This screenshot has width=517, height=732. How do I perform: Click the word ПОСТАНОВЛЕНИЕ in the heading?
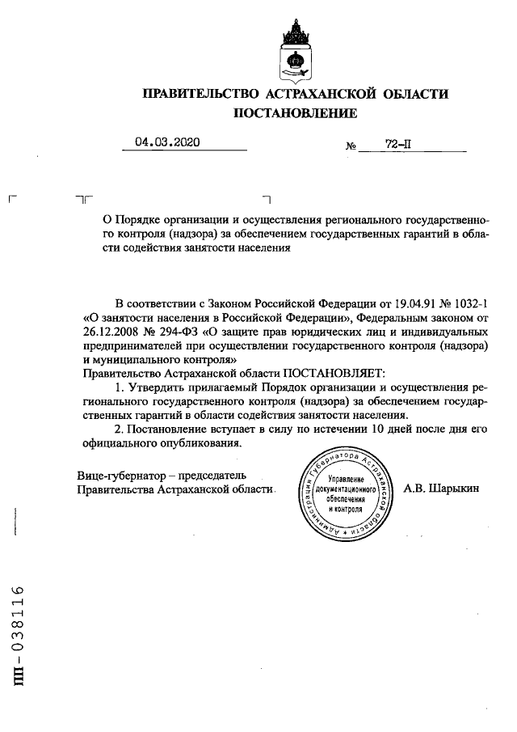point(294,114)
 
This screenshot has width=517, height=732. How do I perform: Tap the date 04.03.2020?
point(167,142)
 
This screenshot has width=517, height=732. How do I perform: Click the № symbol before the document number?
point(351,146)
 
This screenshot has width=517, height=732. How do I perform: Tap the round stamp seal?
point(346,494)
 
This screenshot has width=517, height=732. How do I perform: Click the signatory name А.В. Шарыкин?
point(440,489)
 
